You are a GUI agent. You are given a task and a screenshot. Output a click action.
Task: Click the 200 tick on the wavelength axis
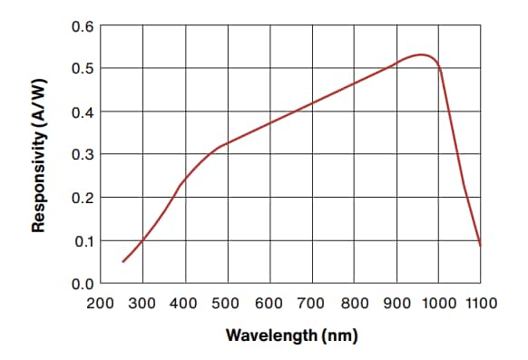(x=101, y=304)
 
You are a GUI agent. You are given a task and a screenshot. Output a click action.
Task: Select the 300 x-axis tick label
(x=143, y=304)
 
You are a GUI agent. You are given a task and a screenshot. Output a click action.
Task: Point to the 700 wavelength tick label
(x=312, y=304)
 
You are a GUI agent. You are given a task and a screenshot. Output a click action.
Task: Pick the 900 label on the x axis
(x=396, y=304)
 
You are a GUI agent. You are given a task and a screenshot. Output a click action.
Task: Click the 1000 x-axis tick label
(x=438, y=304)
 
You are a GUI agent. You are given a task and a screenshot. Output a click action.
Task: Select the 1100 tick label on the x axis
(x=481, y=304)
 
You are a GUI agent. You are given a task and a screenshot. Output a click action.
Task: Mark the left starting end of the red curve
(x=122, y=262)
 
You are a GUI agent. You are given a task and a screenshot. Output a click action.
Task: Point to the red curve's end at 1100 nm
(x=480, y=245)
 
